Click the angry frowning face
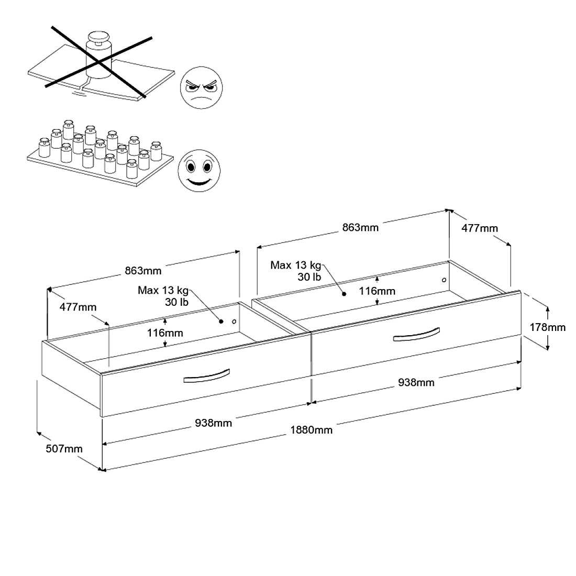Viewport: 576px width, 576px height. coord(202,88)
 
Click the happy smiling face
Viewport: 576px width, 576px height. coord(199,171)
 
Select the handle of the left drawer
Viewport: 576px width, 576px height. coord(206,376)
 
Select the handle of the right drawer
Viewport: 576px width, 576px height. coord(416,335)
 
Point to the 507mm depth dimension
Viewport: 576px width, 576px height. coord(64,448)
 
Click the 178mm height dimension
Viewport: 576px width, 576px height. coord(548,327)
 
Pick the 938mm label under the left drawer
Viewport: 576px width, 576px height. coord(213,423)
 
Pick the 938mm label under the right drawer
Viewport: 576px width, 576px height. coord(416,382)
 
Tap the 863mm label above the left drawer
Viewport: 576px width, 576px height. coord(143,271)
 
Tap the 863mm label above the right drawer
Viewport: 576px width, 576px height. coord(360,227)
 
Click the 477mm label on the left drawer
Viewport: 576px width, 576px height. coord(77,307)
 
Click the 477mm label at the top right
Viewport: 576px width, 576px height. coord(480,228)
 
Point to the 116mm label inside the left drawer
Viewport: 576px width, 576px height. coord(165,333)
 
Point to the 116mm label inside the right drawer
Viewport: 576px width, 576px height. coord(377,291)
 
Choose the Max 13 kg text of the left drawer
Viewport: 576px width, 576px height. coord(163,290)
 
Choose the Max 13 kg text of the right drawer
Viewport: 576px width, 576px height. coord(295,265)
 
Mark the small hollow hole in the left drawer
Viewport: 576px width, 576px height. coord(234,322)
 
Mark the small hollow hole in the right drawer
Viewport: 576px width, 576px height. coord(444,280)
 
